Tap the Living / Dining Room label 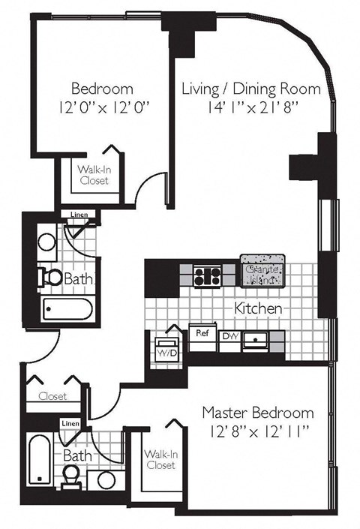[251, 89]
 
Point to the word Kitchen [259, 308]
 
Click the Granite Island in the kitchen [262, 271]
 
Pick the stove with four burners [206, 275]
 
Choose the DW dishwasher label [229, 337]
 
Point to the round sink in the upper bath [47, 242]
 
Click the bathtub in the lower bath [37, 459]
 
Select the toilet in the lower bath [72, 475]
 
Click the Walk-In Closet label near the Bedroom [93, 175]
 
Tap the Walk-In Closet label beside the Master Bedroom [160, 459]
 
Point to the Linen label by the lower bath [70, 425]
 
